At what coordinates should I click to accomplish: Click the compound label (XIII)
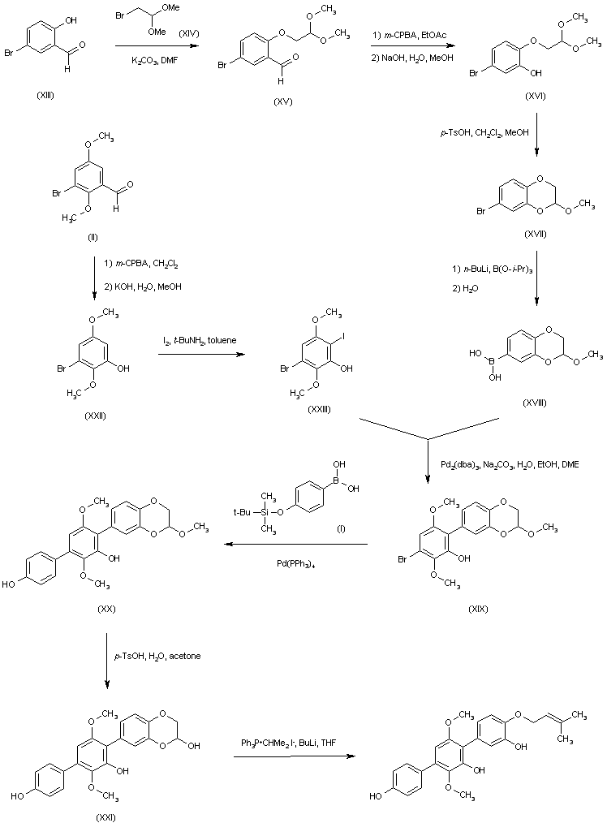click(x=46, y=96)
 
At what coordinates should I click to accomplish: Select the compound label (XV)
click(x=283, y=101)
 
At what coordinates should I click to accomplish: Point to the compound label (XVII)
click(x=536, y=235)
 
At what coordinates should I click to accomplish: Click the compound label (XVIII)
click(x=536, y=403)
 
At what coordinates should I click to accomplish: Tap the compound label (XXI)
click(x=105, y=817)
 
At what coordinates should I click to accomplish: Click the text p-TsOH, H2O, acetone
click(x=157, y=655)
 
